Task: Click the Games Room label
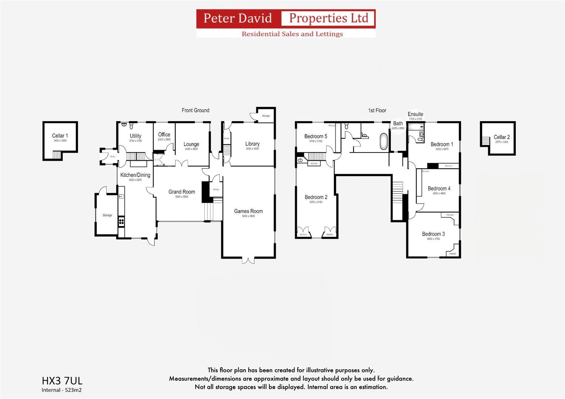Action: [x=248, y=211]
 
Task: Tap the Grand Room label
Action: [x=181, y=192]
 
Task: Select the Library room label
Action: [x=252, y=144]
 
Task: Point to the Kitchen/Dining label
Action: [x=135, y=175]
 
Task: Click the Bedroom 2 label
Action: [x=316, y=197]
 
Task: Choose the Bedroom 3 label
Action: [x=433, y=234]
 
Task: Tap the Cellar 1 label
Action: [x=60, y=136]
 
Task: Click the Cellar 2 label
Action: [x=501, y=137]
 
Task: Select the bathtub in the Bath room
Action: [x=384, y=141]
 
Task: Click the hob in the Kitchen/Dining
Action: [x=121, y=222]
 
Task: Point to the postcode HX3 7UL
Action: [x=62, y=381]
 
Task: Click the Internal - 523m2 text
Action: [x=61, y=390]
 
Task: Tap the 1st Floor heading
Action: [x=377, y=110]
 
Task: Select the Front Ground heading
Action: [x=195, y=110]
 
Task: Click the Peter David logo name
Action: [x=238, y=18]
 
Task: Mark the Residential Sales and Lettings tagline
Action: [x=292, y=34]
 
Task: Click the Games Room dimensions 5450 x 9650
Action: [x=248, y=216]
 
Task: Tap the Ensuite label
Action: [x=415, y=114]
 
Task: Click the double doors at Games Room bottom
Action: [x=248, y=260]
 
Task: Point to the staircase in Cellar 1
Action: [x=56, y=155]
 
